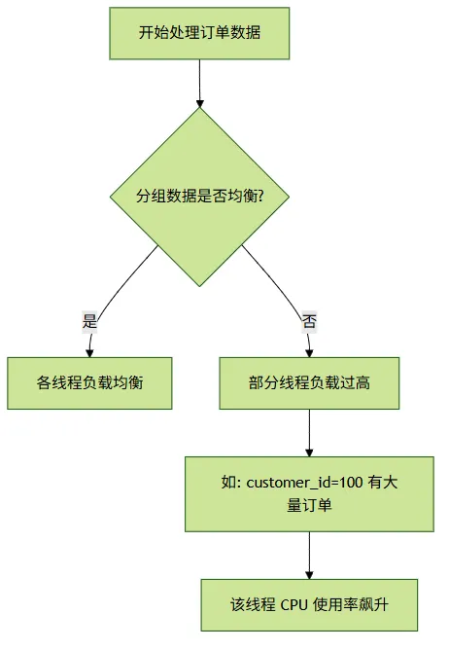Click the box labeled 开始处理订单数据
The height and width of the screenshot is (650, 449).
pyautogui.click(x=199, y=33)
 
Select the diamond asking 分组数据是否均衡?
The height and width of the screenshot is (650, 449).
pyautogui.click(x=199, y=197)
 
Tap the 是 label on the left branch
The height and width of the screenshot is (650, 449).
pyautogui.click(x=89, y=321)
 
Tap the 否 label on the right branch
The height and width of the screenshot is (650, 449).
pyautogui.click(x=309, y=321)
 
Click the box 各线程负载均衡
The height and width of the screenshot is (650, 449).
pyautogui.click(x=89, y=383)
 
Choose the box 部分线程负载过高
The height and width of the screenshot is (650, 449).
pyautogui.click(x=309, y=383)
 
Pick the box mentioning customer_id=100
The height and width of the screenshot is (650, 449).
pyautogui.click(x=309, y=494)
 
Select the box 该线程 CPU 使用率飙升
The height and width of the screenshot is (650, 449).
pyautogui.click(x=309, y=605)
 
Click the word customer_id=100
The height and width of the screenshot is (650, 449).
pyautogui.click(x=304, y=483)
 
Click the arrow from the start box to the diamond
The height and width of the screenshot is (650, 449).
pyautogui.click(x=199, y=84)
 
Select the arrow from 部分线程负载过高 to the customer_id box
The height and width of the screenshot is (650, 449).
pyautogui.click(x=309, y=433)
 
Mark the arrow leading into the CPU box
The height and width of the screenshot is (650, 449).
pyautogui.click(x=309, y=556)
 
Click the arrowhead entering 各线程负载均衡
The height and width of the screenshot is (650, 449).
pyautogui.click(x=89, y=353)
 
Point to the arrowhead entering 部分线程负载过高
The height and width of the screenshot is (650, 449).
pyautogui.click(x=309, y=353)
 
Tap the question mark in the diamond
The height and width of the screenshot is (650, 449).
pyautogui.click(x=260, y=197)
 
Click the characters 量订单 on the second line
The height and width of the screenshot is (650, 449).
pyautogui.click(x=309, y=506)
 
